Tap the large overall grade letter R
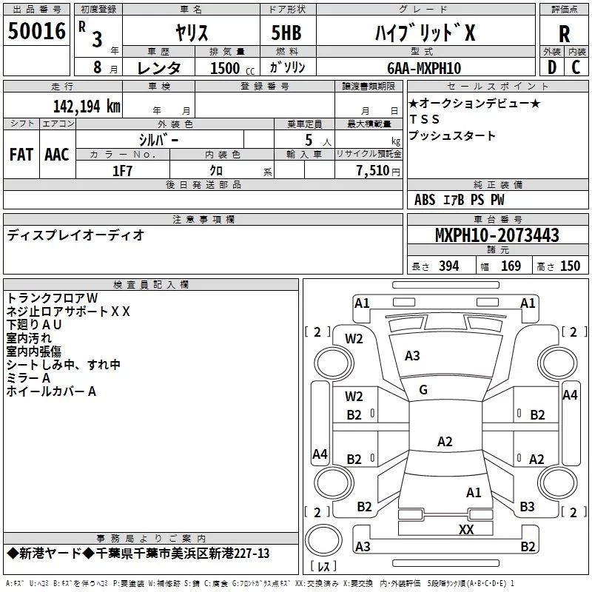tap(564, 33)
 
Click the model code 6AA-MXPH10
tap(424, 68)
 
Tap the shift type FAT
tap(21, 154)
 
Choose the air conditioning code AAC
tap(56, 154)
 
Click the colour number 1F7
tap(122, 170)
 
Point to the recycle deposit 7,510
tap(374, 170)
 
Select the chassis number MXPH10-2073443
tap(497, 235)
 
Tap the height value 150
tap(570, 266)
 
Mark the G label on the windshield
tap(423, 390)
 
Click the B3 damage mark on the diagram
tap(527, 507)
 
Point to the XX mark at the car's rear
tap(466, 530)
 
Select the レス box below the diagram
tap(323, 568)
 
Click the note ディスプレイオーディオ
tap(75, 235)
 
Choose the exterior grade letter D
tap(551, 67)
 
